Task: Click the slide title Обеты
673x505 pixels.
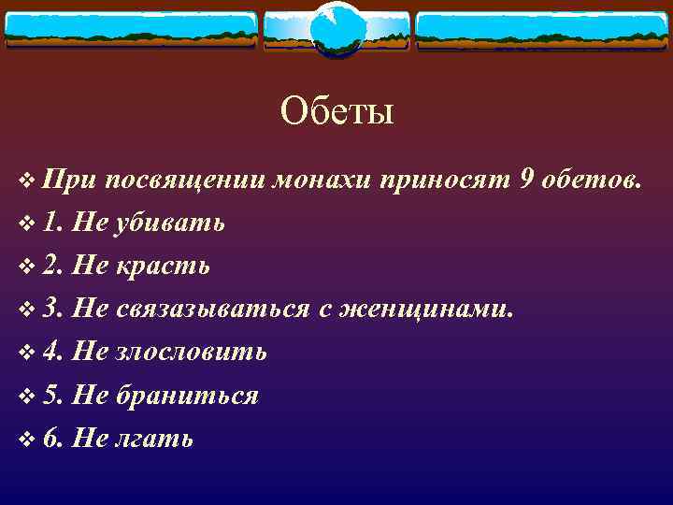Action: tap(336, 112)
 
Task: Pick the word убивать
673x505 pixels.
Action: tap(169, 223)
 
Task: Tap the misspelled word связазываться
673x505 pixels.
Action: tap(212, 309)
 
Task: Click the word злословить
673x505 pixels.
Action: tap(191, 352)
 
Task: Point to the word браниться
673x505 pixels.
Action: tap(187, 395)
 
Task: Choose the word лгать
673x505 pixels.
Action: tap(154, 438)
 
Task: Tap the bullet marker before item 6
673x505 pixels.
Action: tap(25, 439)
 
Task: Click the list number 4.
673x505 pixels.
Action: tap(51, 352)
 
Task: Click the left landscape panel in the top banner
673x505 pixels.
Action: tap(131, 30)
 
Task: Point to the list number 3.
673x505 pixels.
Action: tap(51, 309)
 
